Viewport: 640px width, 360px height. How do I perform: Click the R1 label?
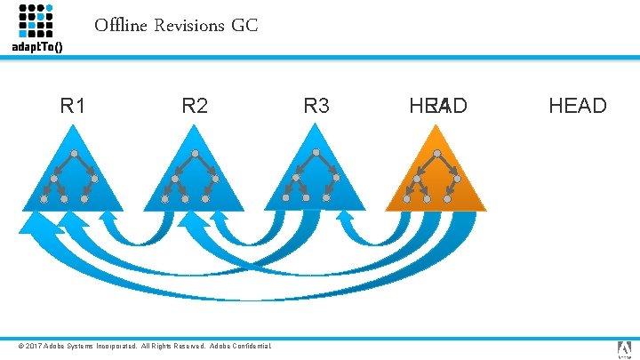(73, 107)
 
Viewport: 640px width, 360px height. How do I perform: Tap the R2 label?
(195, 107)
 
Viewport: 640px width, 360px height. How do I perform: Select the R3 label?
(316, 107)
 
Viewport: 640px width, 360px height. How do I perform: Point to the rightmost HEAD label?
(578, 107)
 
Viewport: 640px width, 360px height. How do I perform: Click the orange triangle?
(436, 182)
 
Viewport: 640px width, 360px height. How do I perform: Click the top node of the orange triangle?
(436, 154)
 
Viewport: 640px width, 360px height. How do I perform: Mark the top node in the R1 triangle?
(75, 154)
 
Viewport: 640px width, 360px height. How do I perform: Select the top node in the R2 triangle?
(196, 154)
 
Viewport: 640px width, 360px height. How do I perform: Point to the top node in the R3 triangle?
(316, 154)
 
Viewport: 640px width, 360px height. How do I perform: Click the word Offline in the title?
(121, 26)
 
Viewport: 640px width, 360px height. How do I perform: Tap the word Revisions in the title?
(188, 26)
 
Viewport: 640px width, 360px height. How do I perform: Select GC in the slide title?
(244, 26)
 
